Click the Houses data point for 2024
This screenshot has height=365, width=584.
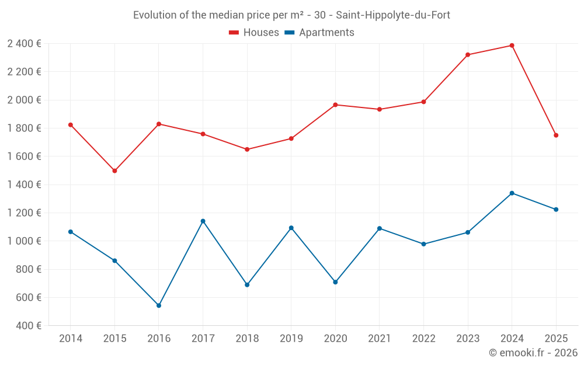point(512,46)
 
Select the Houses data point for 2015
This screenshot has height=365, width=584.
point(114,171)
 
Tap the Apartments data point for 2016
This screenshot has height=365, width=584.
point(159,305)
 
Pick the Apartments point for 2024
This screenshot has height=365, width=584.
point(512,193)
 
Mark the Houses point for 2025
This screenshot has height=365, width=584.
point(556,135)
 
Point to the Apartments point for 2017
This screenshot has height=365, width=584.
point(203,221)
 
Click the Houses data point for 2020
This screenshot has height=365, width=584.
point(335,105)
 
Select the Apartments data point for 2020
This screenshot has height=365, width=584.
point(335,282)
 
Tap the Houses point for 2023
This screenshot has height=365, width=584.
point(468,55)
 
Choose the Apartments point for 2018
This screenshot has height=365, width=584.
point(247,285)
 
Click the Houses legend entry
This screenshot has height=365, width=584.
point(254,33)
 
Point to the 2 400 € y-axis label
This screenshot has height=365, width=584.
point(24,44)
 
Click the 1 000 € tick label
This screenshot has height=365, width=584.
point(24,241)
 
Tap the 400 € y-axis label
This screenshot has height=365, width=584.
point(28,326)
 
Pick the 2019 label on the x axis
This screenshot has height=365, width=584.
point(291,339)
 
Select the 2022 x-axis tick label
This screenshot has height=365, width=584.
point(423,339)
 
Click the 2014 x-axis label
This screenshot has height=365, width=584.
point(71,339)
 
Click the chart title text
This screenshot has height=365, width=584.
point(291,15)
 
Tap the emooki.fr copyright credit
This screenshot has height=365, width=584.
point(533,353)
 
